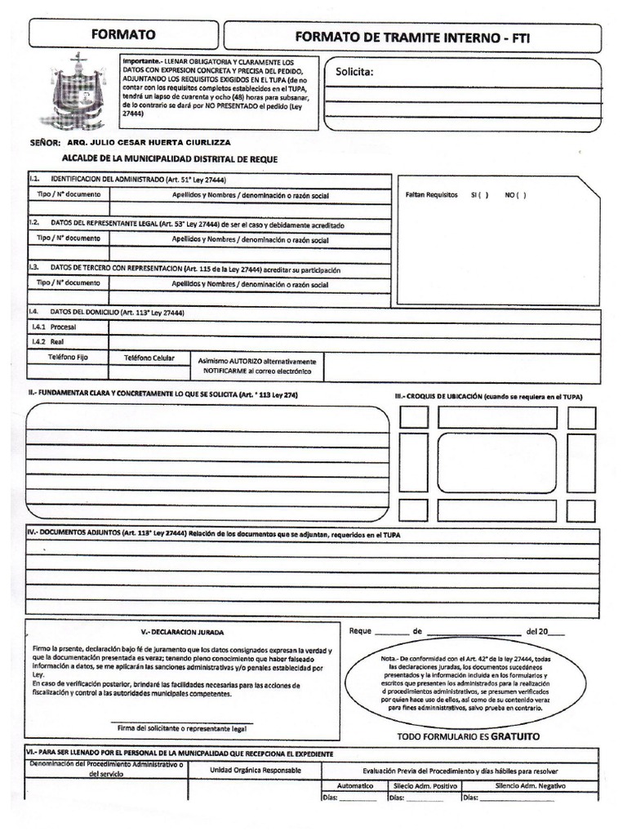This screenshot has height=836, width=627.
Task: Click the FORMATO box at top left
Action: pyautogui.click(x=123, y=34)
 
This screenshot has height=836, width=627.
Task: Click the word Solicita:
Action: pyautogui.click(x=354, y=73)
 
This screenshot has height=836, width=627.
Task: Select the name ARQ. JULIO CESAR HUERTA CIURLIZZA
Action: pyautogui.click(x=160, y=141)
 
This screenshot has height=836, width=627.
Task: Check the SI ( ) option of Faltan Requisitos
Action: pyautogui.click(x=479, y=196)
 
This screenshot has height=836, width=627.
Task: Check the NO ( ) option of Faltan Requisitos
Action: pyautogui.click(x=515, y=196)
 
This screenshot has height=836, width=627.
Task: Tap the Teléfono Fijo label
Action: pyautogui.click(x=68, y=358)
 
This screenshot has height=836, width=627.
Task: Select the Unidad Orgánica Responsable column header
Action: pyautogui.click(x=255, y=770)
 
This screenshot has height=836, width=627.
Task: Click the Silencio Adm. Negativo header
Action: pyautogui.click(x=530, y=785)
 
